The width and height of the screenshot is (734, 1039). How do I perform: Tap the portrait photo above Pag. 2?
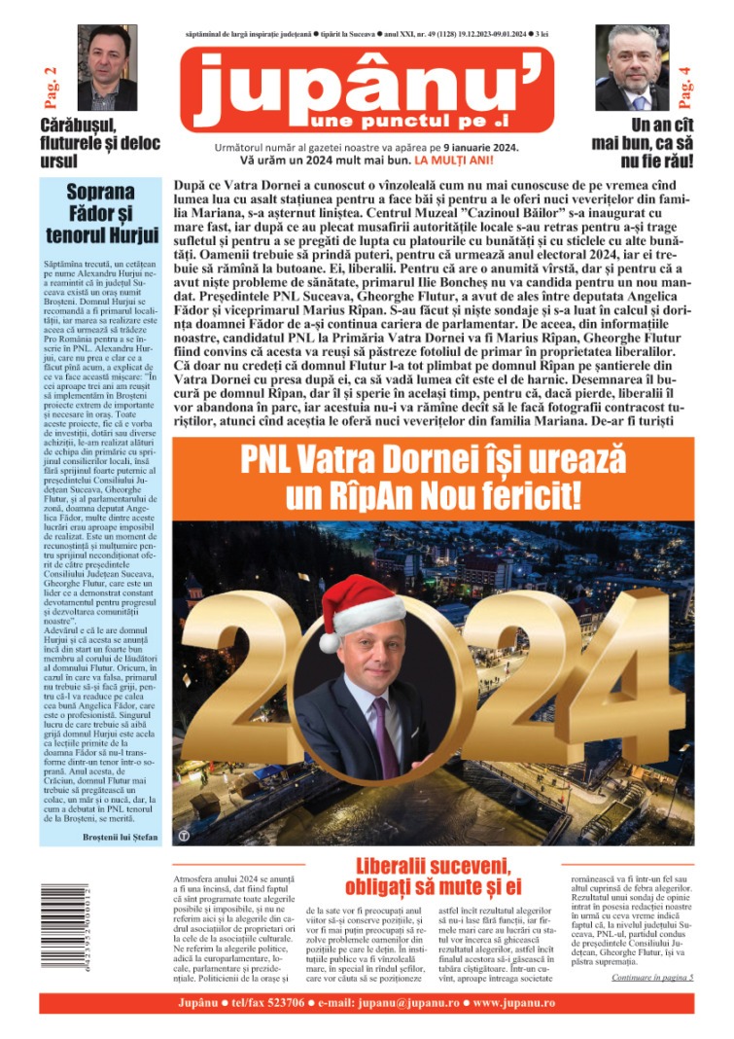pyautogui.click(x=106, y=67)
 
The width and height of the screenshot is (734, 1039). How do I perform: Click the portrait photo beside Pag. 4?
pyautogui.click(x=632, y=67)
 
